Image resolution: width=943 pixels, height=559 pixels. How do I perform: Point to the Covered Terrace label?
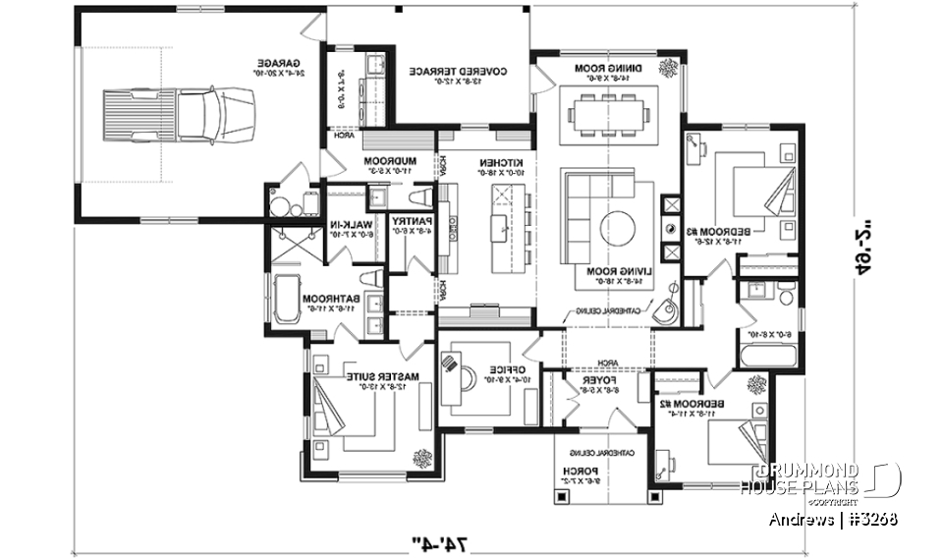457,72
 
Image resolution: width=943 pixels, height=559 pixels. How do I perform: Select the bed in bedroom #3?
756,189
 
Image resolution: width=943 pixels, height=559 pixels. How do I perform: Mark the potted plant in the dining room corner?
669,68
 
